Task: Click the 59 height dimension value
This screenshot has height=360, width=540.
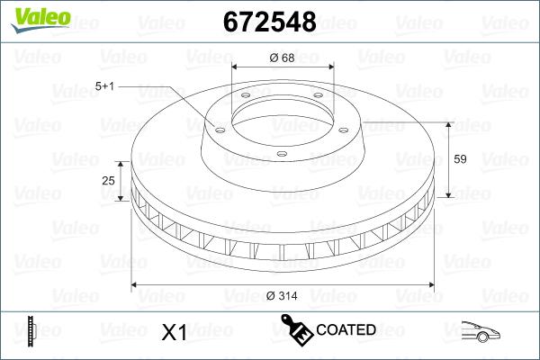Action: click(x=459, y=159)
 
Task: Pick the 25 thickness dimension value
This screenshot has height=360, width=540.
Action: click(x=109, y=181)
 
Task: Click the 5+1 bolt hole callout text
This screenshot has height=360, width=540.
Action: click(x=106, y=85)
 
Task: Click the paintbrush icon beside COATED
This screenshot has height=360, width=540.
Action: click(x=296, y=329)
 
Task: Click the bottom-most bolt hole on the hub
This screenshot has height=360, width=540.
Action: click(x=282, y=154)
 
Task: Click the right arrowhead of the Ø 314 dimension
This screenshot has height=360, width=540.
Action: click(x=430, y=285)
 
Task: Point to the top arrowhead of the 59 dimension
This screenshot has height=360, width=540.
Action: click(x=448, y=124)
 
